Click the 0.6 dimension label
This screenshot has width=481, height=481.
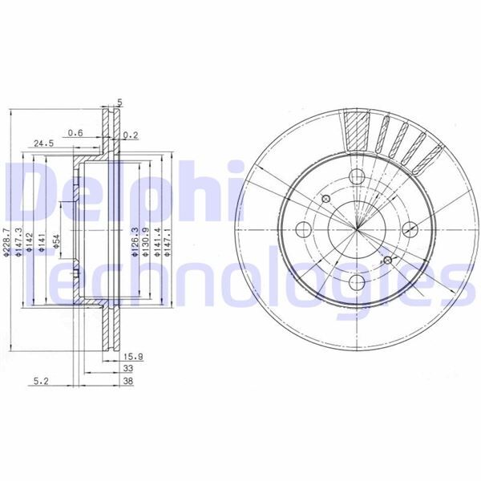(x=75, y=132)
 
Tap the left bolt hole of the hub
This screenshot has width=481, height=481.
(x=305, y=229)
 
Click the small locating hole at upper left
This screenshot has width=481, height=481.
(x=325, y=197)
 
